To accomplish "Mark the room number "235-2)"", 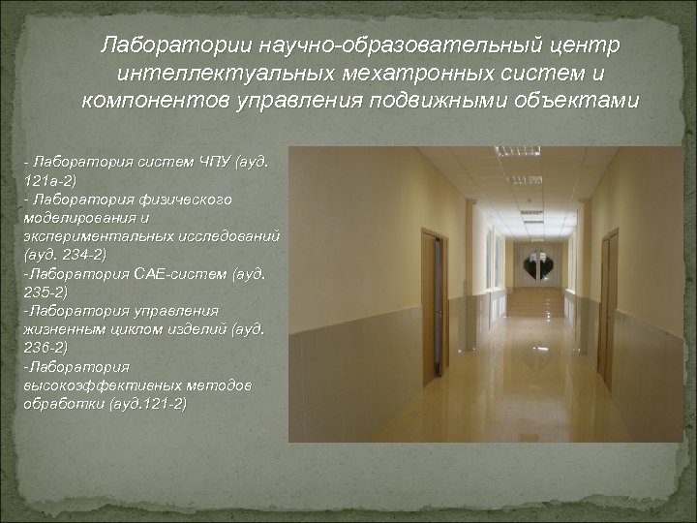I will tap(45, 291).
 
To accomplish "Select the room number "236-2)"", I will tap(45, 346).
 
